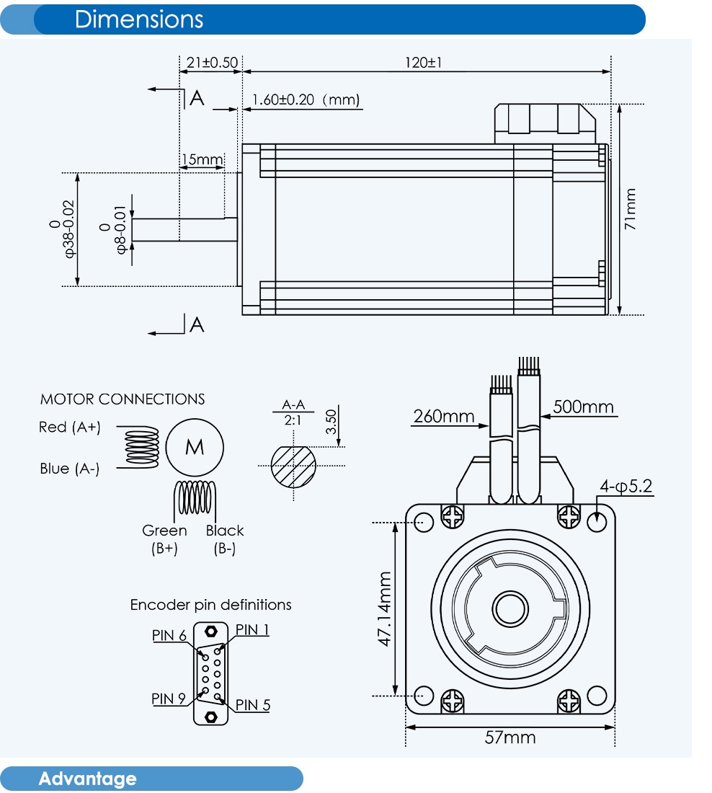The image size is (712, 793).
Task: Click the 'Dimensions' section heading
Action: click(138, 19)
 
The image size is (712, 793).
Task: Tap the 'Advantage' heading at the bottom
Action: click(87, 779)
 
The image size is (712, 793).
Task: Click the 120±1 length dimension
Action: click(423, 63)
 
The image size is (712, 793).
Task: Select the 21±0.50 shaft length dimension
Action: click(211, 63)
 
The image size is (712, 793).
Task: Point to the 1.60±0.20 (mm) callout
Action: click(306, 99)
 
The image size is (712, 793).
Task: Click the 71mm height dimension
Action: click(631, 209)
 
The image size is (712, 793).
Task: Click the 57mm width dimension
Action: click(509, 737)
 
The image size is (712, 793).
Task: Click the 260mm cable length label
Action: click(444, 416)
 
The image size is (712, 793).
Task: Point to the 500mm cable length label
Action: click(583, 407)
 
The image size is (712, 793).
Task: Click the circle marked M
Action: click(195, 448)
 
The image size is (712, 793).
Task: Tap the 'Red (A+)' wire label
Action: click(70, 427)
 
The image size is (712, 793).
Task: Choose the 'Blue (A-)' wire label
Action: click(70, 469)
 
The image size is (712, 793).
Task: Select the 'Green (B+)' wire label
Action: click(164, 539)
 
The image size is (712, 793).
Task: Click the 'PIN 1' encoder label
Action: click(252, 630)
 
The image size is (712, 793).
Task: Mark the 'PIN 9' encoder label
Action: click(169, 699)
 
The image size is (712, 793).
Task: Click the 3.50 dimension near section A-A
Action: click(331, 421)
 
